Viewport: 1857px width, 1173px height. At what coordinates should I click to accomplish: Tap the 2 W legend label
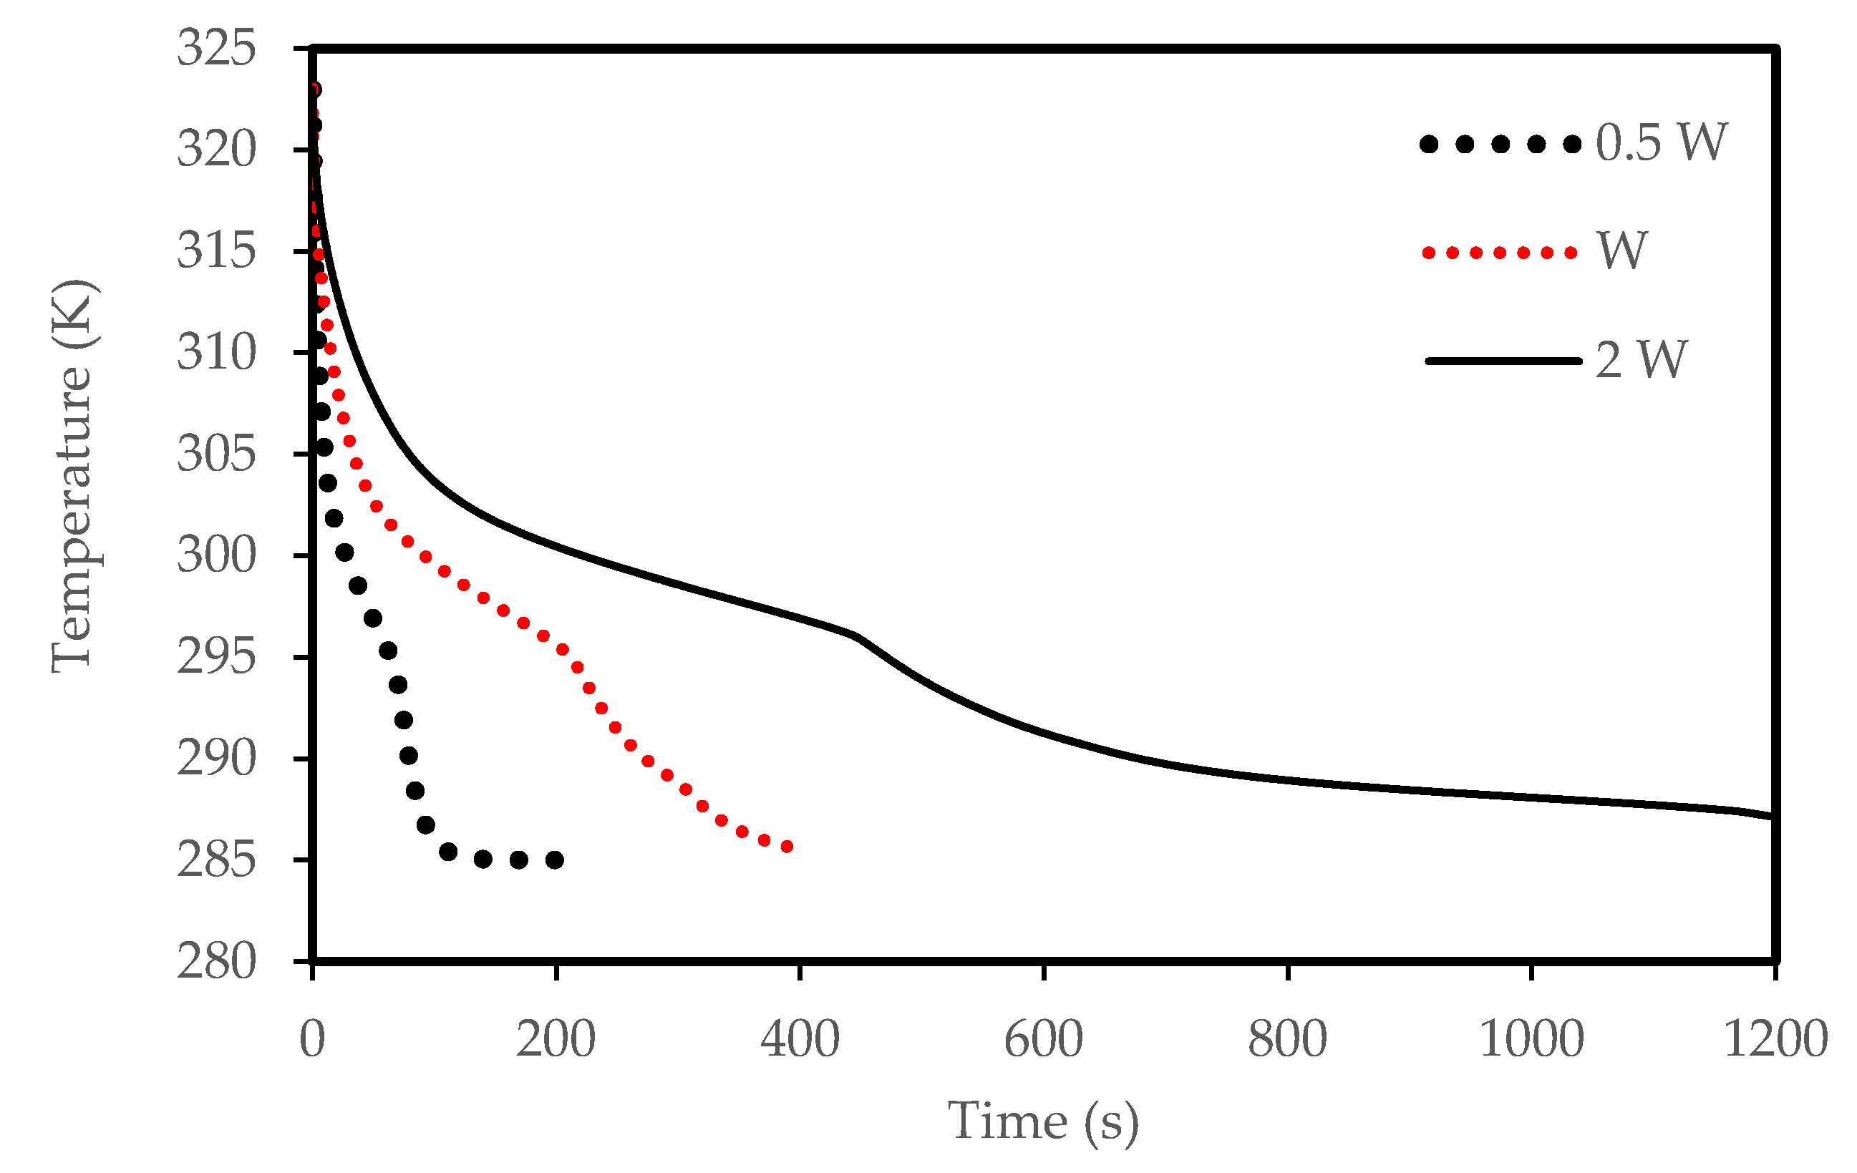[1641, 360]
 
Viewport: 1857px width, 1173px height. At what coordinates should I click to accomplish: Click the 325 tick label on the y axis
[216, 49]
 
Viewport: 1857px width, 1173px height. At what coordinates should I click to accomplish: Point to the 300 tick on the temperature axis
[216, 555]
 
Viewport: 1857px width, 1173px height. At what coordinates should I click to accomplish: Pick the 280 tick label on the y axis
[216, 962]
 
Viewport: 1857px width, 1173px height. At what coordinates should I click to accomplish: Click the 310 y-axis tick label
[216, 354]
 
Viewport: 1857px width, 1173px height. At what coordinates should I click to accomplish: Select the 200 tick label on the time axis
[556, 1040]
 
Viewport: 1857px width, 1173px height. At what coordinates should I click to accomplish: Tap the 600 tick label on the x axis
[1044, 1040]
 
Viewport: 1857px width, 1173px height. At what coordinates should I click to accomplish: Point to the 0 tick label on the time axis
[312, 1040]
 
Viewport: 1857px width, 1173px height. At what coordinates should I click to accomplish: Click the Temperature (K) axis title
[73, 477]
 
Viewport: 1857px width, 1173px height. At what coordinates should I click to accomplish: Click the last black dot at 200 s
[555, 860]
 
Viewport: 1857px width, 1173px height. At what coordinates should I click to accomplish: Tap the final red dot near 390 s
[787, 847]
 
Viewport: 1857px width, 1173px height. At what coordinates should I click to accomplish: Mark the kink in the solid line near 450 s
[858, 637]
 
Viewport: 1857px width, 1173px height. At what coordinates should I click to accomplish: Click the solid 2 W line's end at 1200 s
[1773, 815]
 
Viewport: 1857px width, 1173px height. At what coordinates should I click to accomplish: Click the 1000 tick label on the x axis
[1531, 1040]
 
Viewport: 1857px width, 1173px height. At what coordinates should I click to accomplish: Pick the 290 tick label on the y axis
[216, 759]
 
